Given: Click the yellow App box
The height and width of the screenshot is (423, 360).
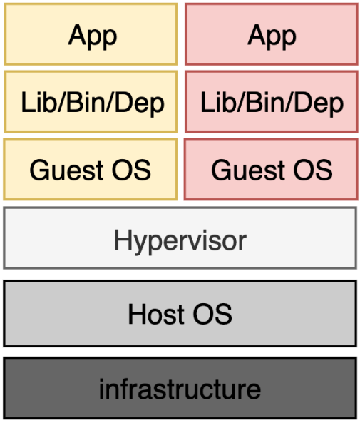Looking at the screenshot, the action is [91, 34].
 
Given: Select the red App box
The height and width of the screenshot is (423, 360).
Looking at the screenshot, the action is [272, 34].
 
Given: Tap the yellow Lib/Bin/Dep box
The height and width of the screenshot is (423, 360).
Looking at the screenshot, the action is [91, 102].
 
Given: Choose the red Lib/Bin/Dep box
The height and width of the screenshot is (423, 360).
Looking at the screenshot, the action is [272, 102].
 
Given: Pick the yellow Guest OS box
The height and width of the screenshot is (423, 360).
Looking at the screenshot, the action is [91, 169].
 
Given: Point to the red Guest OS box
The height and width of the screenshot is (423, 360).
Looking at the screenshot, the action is [271, 169].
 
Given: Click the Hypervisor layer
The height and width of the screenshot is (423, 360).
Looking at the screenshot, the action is [180, 238].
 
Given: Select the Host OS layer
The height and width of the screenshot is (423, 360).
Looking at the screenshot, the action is [180, 313].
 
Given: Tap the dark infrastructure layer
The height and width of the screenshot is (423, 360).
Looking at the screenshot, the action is [180, 389].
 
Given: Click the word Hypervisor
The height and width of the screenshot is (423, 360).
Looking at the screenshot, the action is [180, 241].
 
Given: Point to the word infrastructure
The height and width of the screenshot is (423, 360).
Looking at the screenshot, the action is [180, 389].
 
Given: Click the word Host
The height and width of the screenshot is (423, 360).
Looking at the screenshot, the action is [157, 314].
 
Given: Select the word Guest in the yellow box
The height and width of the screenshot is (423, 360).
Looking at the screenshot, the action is [66, 170].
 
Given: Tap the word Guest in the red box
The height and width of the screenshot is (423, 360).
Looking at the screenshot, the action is [248, 170].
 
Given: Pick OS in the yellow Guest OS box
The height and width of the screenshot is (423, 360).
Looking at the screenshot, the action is [132, 170].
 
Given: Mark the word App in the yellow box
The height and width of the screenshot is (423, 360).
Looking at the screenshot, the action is [93, 36].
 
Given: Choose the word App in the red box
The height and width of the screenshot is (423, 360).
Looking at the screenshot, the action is [272, 36].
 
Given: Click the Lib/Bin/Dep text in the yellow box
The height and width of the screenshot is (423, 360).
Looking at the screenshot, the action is [93, 104].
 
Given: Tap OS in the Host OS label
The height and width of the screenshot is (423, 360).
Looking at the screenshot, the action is [212, 314].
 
